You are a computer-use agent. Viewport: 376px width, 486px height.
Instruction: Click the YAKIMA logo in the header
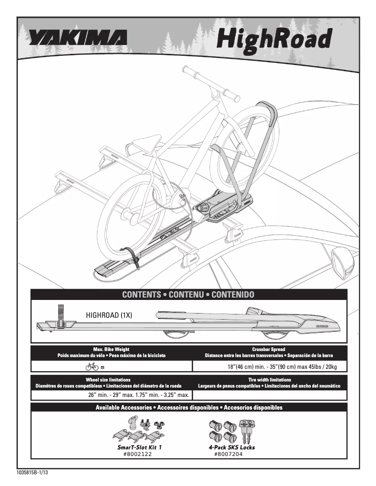coord(77,38)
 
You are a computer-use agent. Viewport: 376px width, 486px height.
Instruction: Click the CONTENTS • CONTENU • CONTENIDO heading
coord(188,295)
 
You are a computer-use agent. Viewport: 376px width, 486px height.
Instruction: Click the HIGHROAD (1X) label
coord(109,315)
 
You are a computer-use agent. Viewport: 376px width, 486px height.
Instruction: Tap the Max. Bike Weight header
coord(111,350)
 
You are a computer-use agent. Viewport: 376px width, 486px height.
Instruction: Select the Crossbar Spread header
coord(269,350)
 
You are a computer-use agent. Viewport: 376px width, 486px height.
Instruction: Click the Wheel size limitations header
coord(108,380)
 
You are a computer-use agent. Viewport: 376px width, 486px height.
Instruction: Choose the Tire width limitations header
coord(269,380)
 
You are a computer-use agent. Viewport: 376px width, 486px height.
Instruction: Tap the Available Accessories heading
coord(189,408)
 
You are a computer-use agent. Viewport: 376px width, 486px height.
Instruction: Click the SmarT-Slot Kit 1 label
coord(139,448)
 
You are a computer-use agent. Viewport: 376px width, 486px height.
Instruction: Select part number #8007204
coord(228,454)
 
